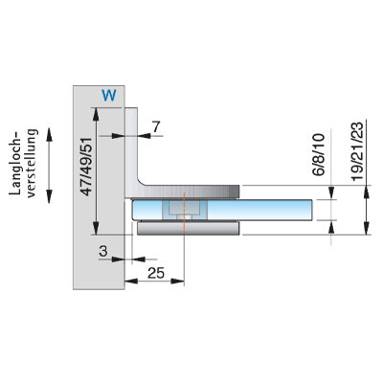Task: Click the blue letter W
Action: (109, 95)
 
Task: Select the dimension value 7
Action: (155, 127)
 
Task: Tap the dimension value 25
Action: (156, 273)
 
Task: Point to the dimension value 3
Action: (102, 252)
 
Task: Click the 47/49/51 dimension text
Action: (86, 167)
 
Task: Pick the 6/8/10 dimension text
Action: (319, 154)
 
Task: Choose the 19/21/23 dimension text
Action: (358, 151)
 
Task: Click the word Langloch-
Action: (14, 163)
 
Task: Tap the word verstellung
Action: (32, 164)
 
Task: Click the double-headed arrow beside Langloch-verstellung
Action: (49, 166)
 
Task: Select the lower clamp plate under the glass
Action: (188, 229)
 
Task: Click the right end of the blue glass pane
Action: (312, 210)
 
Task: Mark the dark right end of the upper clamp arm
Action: (235, 191)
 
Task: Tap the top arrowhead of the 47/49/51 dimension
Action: (96, 114)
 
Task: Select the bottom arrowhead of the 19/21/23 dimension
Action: (367, 229)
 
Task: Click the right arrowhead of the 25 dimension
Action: (178, 282)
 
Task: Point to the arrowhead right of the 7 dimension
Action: (145, 136)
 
